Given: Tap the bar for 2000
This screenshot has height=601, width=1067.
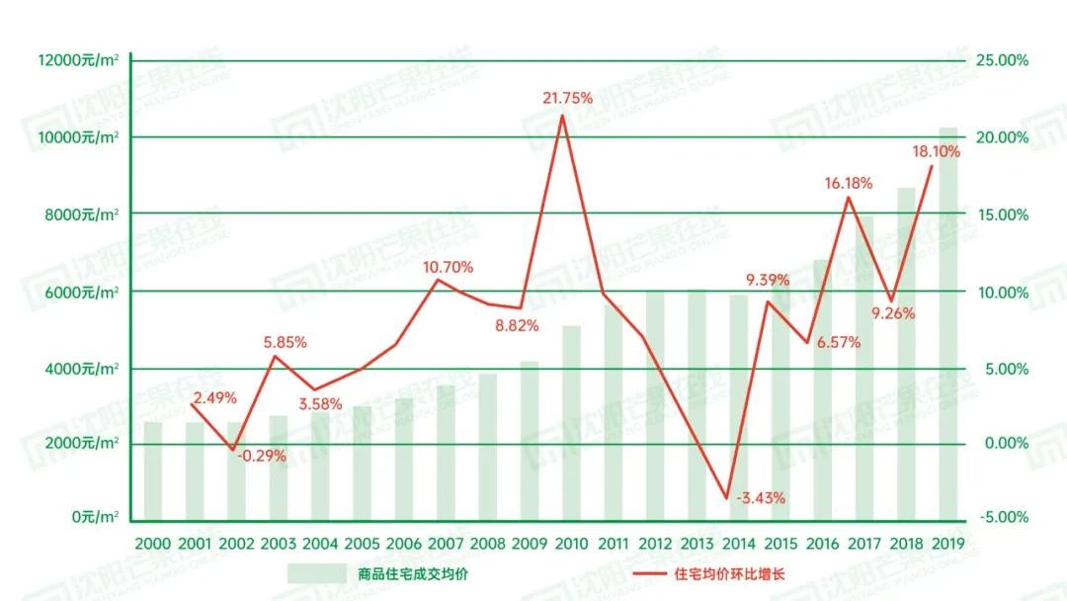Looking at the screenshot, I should (x=153, y=471).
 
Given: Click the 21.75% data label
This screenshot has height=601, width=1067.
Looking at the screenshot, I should (x=567, y=98).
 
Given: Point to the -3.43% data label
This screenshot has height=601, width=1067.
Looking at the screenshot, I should (x=760, y=498).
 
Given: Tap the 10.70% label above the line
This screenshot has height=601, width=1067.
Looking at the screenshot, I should (x=448, y=267).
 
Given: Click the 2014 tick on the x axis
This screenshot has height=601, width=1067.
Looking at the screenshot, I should (x=738, y=544).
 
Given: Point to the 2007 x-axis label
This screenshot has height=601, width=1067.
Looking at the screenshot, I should (x=446, y=544).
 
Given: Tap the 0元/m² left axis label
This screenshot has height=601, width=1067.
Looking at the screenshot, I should (x=95, y=518).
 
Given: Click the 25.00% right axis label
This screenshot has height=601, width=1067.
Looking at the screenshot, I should (x=1002, y=60).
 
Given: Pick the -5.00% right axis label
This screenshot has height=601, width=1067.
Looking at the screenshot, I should (x=1002, y=518).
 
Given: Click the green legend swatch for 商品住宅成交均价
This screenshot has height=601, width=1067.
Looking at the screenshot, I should (x=315, y=573).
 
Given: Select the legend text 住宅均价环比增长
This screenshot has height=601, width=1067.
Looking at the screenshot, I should (x=729, y=573).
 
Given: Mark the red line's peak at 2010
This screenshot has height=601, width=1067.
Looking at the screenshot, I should (x=563, y=116).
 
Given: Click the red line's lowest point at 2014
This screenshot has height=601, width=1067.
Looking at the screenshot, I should (x=727, y=498).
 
